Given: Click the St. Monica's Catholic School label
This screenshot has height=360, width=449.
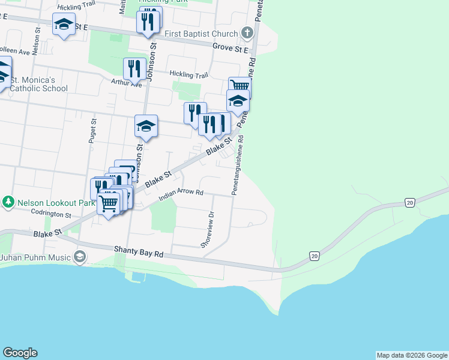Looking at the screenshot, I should [x=38, y=84].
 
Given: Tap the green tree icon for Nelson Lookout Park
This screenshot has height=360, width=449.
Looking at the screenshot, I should [x=8, y=202].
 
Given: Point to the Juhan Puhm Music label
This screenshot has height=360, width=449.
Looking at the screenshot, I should [x=35, y=258].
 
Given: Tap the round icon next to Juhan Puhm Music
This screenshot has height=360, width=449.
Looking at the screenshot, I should [x=80, y=257].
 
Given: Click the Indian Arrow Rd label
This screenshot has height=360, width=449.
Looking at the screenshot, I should [x=182, y=196].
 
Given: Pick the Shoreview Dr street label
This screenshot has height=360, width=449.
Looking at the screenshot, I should [x=211, y=229].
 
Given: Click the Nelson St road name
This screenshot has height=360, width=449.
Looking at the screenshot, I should [x=37, y=41].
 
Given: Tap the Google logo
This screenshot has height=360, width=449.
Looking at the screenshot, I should [x=20, y=353].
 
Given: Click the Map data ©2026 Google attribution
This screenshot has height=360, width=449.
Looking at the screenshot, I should [x=412, y=355].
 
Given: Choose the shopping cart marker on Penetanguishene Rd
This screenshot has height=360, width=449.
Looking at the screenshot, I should [x=240, y=87].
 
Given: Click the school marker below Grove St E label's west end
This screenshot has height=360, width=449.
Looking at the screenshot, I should [x=64, y=26].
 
